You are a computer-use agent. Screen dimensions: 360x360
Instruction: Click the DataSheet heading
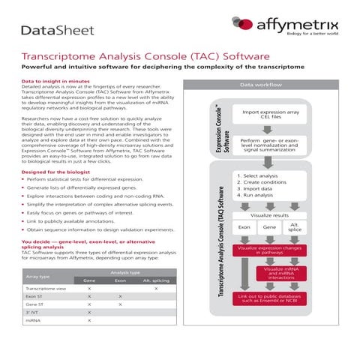(58, 30)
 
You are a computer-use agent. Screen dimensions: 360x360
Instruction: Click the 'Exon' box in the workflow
(244, 226)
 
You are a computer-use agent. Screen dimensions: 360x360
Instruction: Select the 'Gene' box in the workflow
(268, 226)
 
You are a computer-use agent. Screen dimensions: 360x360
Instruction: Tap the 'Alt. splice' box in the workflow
(294, 226)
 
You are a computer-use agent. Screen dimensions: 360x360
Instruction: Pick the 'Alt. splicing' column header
(155, 280)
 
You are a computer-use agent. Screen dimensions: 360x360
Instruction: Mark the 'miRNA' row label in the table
(33, 320)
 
